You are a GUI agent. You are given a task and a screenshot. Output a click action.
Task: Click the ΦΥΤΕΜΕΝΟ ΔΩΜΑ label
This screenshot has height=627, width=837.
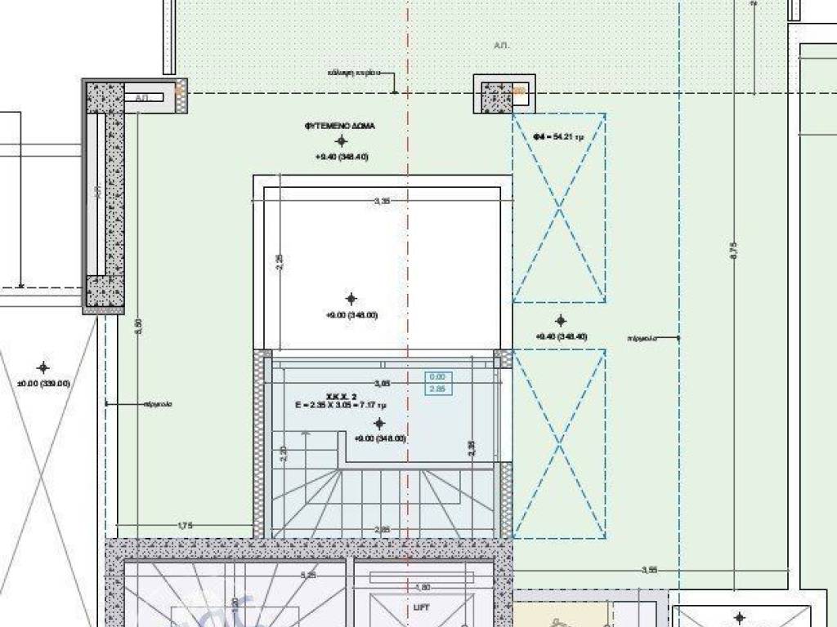coord(339,127)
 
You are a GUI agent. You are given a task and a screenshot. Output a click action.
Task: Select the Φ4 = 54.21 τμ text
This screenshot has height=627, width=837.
coord(557,137)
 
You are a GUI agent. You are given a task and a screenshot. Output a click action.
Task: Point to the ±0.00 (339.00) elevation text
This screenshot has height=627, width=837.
coord(43,384)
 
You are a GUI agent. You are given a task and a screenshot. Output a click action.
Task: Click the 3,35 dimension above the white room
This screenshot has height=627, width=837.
coord(381,200)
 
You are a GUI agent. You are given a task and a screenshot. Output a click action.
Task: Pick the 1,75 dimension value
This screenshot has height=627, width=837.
coord(185,526)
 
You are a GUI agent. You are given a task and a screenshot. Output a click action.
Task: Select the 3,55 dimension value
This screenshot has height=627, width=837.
coord(650,569)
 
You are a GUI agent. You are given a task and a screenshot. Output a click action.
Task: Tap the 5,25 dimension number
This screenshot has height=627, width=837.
coord(309,575)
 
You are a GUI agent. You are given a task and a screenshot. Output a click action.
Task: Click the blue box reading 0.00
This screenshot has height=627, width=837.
coord(437,377)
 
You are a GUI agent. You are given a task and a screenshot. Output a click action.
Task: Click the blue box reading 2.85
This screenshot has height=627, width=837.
coord(437,389)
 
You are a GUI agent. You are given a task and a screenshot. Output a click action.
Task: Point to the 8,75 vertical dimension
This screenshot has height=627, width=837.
coord(733,251)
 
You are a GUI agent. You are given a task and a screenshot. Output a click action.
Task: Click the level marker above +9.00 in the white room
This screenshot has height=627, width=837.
coord(351,299)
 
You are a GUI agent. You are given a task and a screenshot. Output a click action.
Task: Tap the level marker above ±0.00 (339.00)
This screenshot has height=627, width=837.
coord(43,368)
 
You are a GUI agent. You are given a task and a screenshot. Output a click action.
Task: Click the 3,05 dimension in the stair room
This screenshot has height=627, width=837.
coord(382,383)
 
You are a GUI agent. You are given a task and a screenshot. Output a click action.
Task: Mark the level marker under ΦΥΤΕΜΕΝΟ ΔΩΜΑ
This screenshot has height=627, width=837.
coord(342,142)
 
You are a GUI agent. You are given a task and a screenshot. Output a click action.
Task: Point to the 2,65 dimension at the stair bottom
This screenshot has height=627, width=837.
coord(382,530)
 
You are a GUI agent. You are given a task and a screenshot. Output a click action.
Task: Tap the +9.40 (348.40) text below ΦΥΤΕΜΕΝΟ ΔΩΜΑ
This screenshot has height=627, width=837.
coord(342,157)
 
